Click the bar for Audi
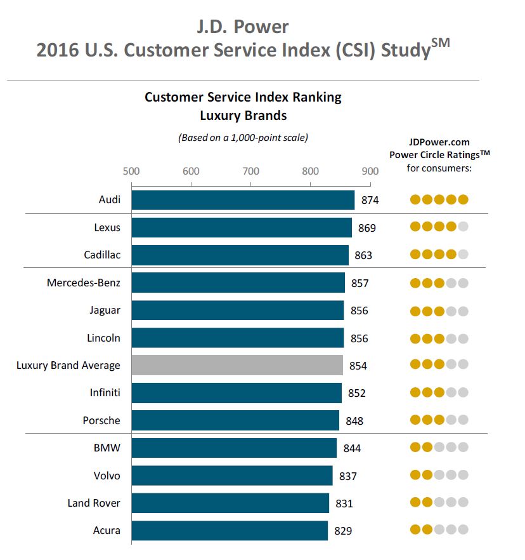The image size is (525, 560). [243, 200]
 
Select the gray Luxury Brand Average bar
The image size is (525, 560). [237, 365]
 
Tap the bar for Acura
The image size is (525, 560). [230, 530]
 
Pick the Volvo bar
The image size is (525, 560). [232, 476]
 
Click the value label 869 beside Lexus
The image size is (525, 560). [366, 228]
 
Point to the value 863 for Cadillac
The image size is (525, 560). [363, 255]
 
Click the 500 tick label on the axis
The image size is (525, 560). [131, 171]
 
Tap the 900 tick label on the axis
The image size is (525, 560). [370, 171]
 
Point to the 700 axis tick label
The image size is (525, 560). [250, 171]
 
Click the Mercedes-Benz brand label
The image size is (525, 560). [84, 283]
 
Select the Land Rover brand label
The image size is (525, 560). [94, 503]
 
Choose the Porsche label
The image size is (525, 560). [101, 420]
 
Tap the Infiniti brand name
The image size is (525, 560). [105, 393]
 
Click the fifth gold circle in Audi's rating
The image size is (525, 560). [463, 200]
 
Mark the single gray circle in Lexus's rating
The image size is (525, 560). [463, 227]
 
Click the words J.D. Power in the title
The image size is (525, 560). [243, 27]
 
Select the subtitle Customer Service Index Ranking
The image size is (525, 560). [243, 97]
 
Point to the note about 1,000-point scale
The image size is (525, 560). [243, 137]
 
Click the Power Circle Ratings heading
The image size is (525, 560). [439, 154]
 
